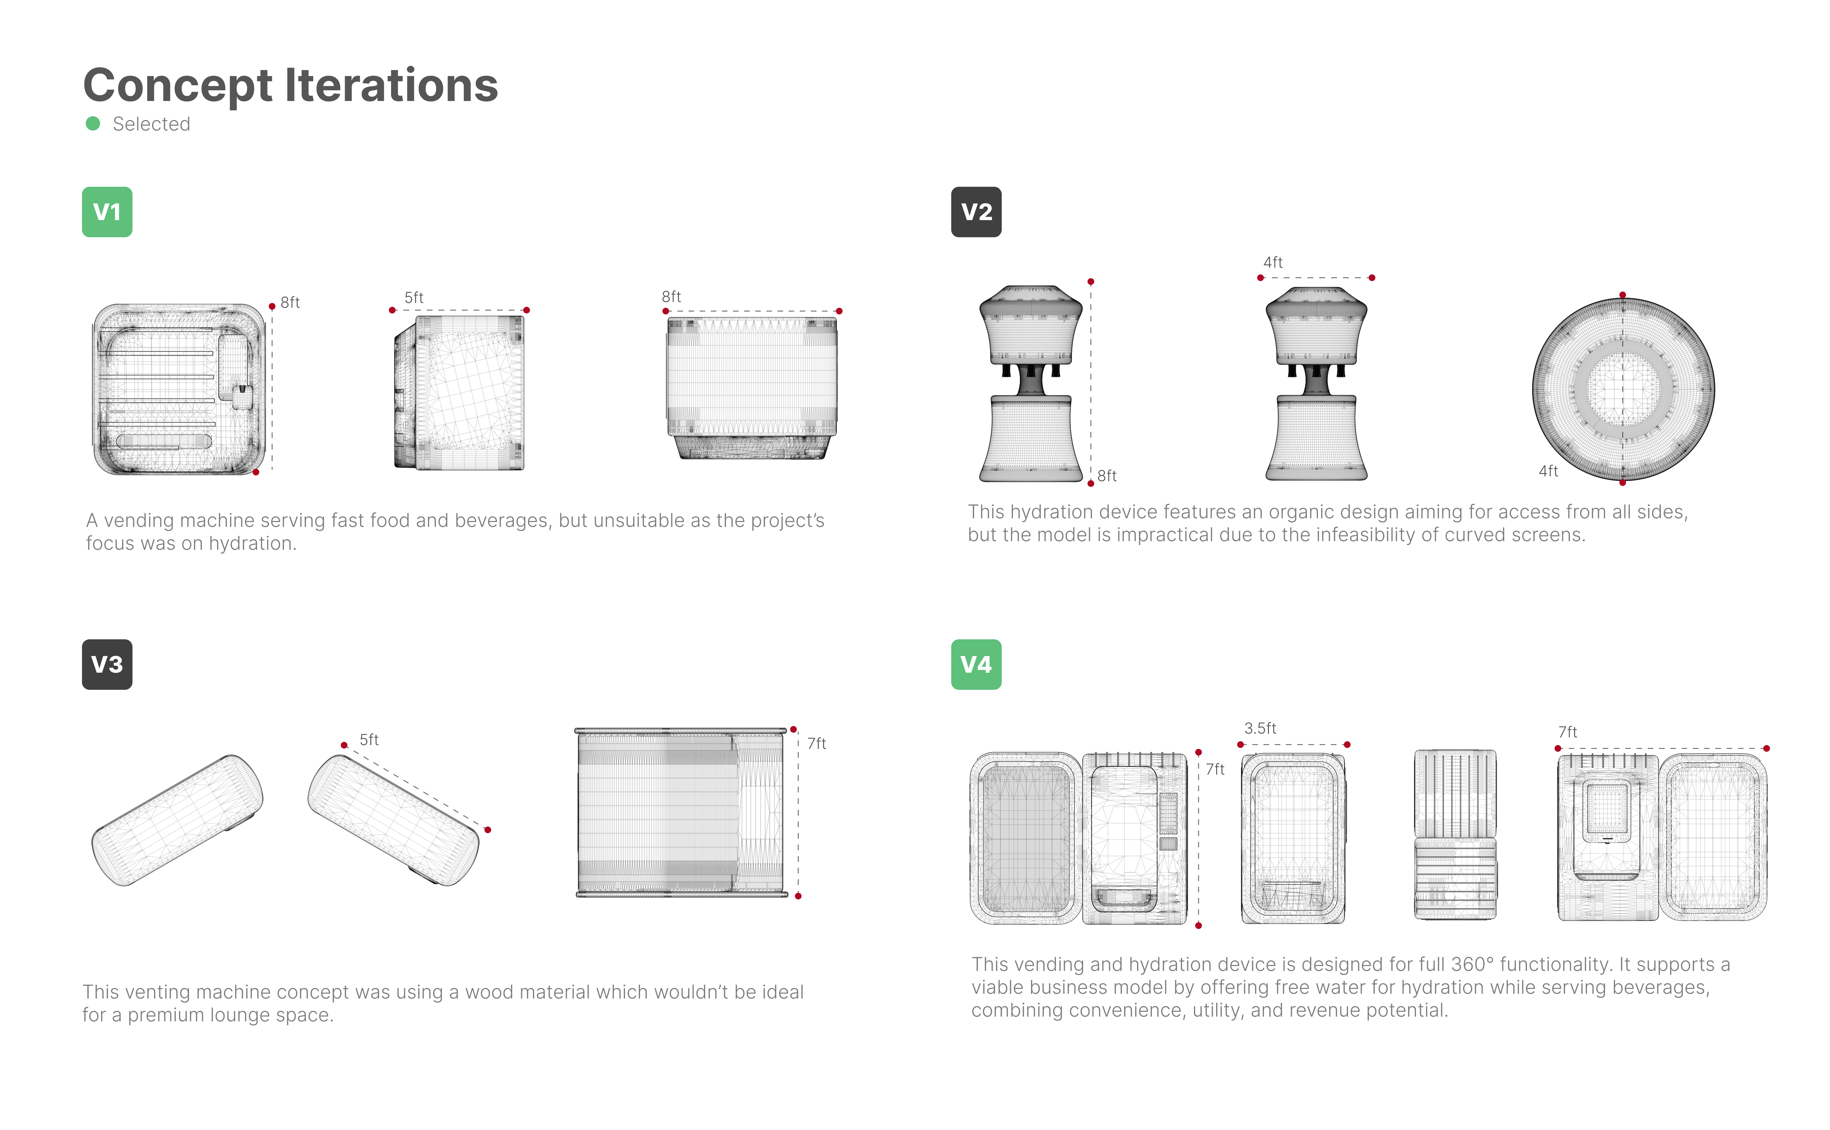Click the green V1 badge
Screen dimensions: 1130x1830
107,212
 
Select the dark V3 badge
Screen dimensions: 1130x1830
107,664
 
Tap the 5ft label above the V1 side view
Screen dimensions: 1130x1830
413,298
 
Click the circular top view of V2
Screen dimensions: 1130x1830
1623,389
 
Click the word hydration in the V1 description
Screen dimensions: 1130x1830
252,543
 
